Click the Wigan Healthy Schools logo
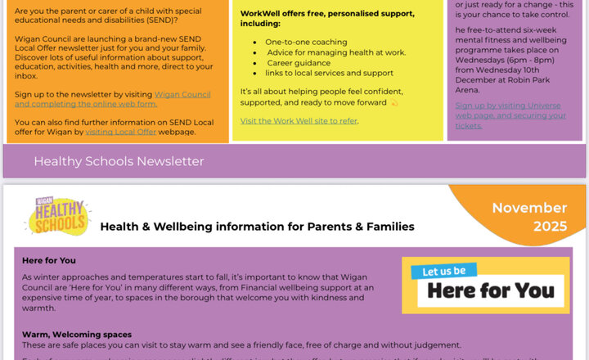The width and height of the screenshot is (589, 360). pos(58,214)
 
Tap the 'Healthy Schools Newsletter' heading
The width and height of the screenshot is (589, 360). pos(119,161)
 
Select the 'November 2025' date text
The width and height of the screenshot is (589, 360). pos(529,217)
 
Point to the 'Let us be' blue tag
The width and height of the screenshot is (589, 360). pos(444,271)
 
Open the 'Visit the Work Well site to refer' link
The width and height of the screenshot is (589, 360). pos(299,121)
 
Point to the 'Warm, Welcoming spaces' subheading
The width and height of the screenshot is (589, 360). pos(77,334)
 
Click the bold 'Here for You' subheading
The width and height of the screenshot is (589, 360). pos(49,260)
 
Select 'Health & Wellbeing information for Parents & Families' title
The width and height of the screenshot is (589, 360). pos(257,227)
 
